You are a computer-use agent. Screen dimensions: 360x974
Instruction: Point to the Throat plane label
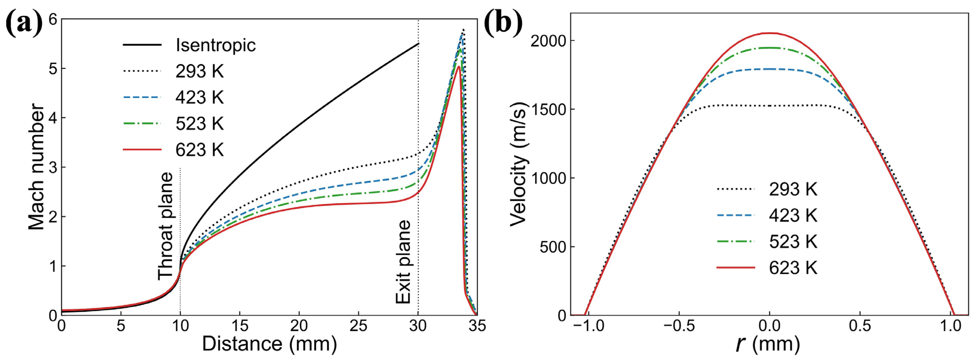click(165, 226)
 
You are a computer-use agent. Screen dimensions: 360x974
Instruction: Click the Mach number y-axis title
click(37, 166)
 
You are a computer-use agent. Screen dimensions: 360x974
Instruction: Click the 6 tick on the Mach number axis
click(53, 19)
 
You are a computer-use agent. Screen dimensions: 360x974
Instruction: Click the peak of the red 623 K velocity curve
click(769, 33)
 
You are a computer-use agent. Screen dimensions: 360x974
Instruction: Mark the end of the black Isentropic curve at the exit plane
click(418, 44)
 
